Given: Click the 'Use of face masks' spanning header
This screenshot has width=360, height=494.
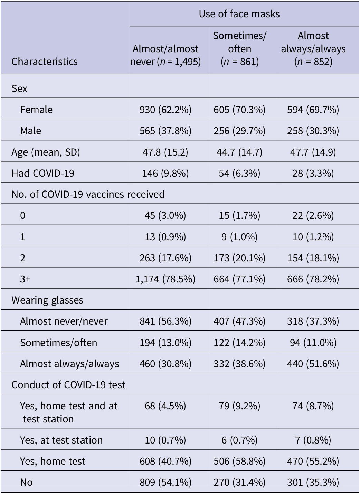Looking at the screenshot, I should point(239,14).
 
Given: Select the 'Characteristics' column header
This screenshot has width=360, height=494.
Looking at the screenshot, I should point(45,62).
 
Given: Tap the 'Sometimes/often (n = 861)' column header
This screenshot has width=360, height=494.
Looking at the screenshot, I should point(239,49).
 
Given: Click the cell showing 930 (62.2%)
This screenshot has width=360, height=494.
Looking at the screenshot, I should point(165,110).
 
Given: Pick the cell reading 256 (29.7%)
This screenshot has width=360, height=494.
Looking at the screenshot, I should point(239,131).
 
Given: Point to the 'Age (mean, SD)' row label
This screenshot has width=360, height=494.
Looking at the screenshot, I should point(46,152).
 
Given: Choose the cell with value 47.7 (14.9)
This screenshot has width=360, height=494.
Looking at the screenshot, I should point(313,152).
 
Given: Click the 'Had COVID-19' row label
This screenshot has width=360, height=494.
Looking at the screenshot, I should point(43,173).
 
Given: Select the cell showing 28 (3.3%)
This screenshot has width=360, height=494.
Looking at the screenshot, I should point(313,173).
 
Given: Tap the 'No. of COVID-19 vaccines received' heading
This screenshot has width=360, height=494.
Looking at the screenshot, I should point(88,194).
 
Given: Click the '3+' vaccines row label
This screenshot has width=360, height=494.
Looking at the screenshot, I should point(25,279).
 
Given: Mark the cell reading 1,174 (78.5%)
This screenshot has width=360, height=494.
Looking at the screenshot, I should point(165,279).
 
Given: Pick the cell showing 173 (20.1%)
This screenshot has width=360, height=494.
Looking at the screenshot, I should point(239,258).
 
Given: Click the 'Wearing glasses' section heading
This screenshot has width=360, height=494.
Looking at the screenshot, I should point(47,300).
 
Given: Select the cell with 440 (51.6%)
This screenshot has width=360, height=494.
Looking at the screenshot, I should point(313,364).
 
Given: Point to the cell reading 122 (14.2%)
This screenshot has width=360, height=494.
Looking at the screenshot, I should point(239,343).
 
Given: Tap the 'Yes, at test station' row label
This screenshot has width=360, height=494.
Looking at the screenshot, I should point(61,440).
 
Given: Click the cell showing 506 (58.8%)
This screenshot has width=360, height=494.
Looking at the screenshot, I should point(239,461).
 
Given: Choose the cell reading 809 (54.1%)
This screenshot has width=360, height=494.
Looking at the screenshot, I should point(165,482).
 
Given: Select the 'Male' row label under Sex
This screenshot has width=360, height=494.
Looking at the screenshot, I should point(31,131).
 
